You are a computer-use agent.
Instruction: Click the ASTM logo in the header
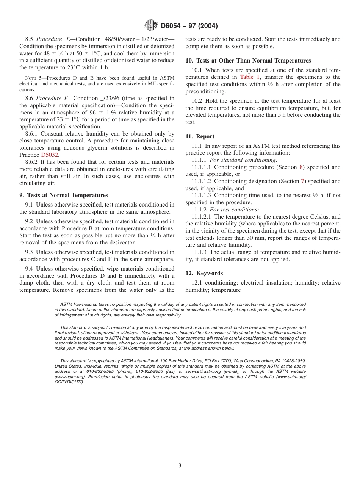pos(151,26)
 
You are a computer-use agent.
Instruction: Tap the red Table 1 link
pos(250,77)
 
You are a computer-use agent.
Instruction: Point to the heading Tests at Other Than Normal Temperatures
pos(248,61)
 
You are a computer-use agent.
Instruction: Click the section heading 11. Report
pos(200,136)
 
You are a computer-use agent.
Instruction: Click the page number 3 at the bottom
pos(180,466)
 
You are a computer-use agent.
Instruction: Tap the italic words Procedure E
pos(52,39)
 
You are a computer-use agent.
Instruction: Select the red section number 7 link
pos(302,182)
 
